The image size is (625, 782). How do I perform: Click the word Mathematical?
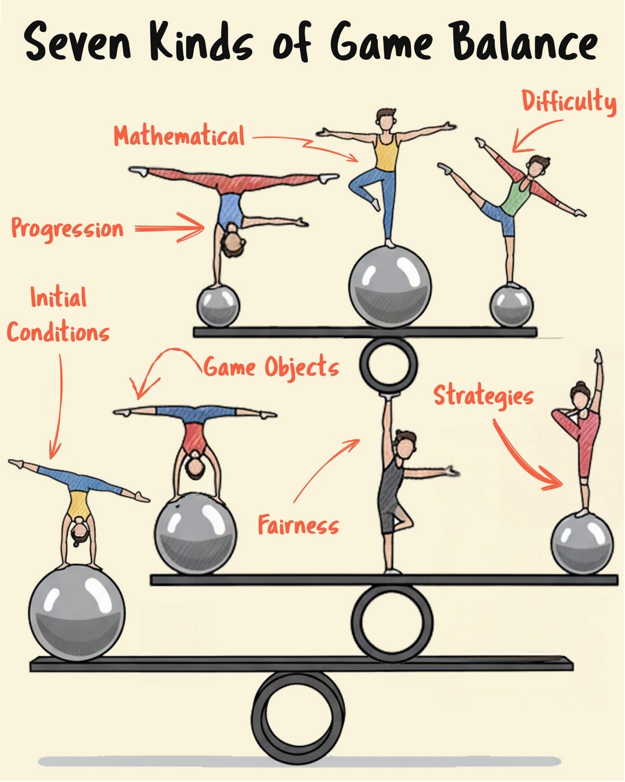[x=179, y=136]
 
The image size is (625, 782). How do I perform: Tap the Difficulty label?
[x=568, y=103]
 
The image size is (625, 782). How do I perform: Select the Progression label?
[x=67, y=228]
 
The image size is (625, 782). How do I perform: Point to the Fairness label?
[x=298, y=525]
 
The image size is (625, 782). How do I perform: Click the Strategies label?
[x=483, y=396]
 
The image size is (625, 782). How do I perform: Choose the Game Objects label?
[x=271, y=367]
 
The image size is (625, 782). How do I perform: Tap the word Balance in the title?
[x=524, y=42]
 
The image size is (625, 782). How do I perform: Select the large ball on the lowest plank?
[x=77, y=613]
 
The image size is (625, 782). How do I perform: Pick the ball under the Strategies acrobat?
[x=581, y=543]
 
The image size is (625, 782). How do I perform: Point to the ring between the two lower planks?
[x=392, y=622]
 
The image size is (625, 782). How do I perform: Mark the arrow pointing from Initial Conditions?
[x=57, y=405]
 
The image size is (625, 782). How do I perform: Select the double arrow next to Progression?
[x=170, y=228]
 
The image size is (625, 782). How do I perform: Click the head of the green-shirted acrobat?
[x=539, y=166]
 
